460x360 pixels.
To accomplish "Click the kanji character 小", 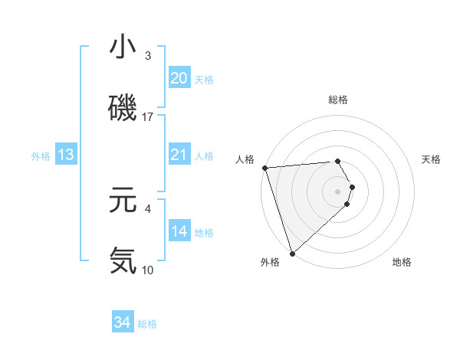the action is coord(123,48).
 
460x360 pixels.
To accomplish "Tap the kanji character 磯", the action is coord(123,109).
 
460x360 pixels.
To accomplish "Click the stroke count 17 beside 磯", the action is coord(148,117).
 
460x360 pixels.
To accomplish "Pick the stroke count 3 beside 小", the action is coord(148,57).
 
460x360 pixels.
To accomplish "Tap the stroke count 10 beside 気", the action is coord(148,270).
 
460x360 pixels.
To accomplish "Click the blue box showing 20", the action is coord(179,78).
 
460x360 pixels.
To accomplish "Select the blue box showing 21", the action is coord(179,155).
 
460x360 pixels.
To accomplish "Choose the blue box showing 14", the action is coord(179,231).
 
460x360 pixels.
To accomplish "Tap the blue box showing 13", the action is coord(66,155).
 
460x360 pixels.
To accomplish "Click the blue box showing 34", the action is coord(123,322).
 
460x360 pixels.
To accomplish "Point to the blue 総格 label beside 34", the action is coord(147,324).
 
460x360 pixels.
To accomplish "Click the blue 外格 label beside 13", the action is coord(41,156).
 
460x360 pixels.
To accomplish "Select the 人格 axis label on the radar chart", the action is coord(245,159).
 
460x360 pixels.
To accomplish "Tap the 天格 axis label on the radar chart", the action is coord(432,159).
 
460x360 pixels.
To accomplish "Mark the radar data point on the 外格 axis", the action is coord(291,253).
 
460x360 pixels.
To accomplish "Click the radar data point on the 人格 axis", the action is coord(264,168).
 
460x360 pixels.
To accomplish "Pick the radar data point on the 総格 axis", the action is coord(337,161).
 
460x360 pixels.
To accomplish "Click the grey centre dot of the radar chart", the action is coord(337,191).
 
